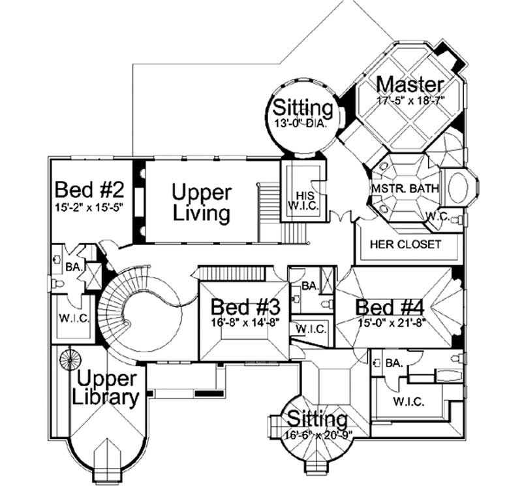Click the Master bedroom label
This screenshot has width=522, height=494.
410,84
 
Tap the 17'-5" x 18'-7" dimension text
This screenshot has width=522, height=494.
410,101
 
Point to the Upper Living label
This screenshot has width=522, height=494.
201,203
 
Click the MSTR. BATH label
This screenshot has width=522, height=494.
405,189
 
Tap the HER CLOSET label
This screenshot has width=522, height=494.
405,244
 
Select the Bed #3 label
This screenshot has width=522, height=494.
246,306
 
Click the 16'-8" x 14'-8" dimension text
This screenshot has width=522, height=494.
246,321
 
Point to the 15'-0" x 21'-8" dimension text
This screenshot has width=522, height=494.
391,321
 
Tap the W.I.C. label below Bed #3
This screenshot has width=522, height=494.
311,329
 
